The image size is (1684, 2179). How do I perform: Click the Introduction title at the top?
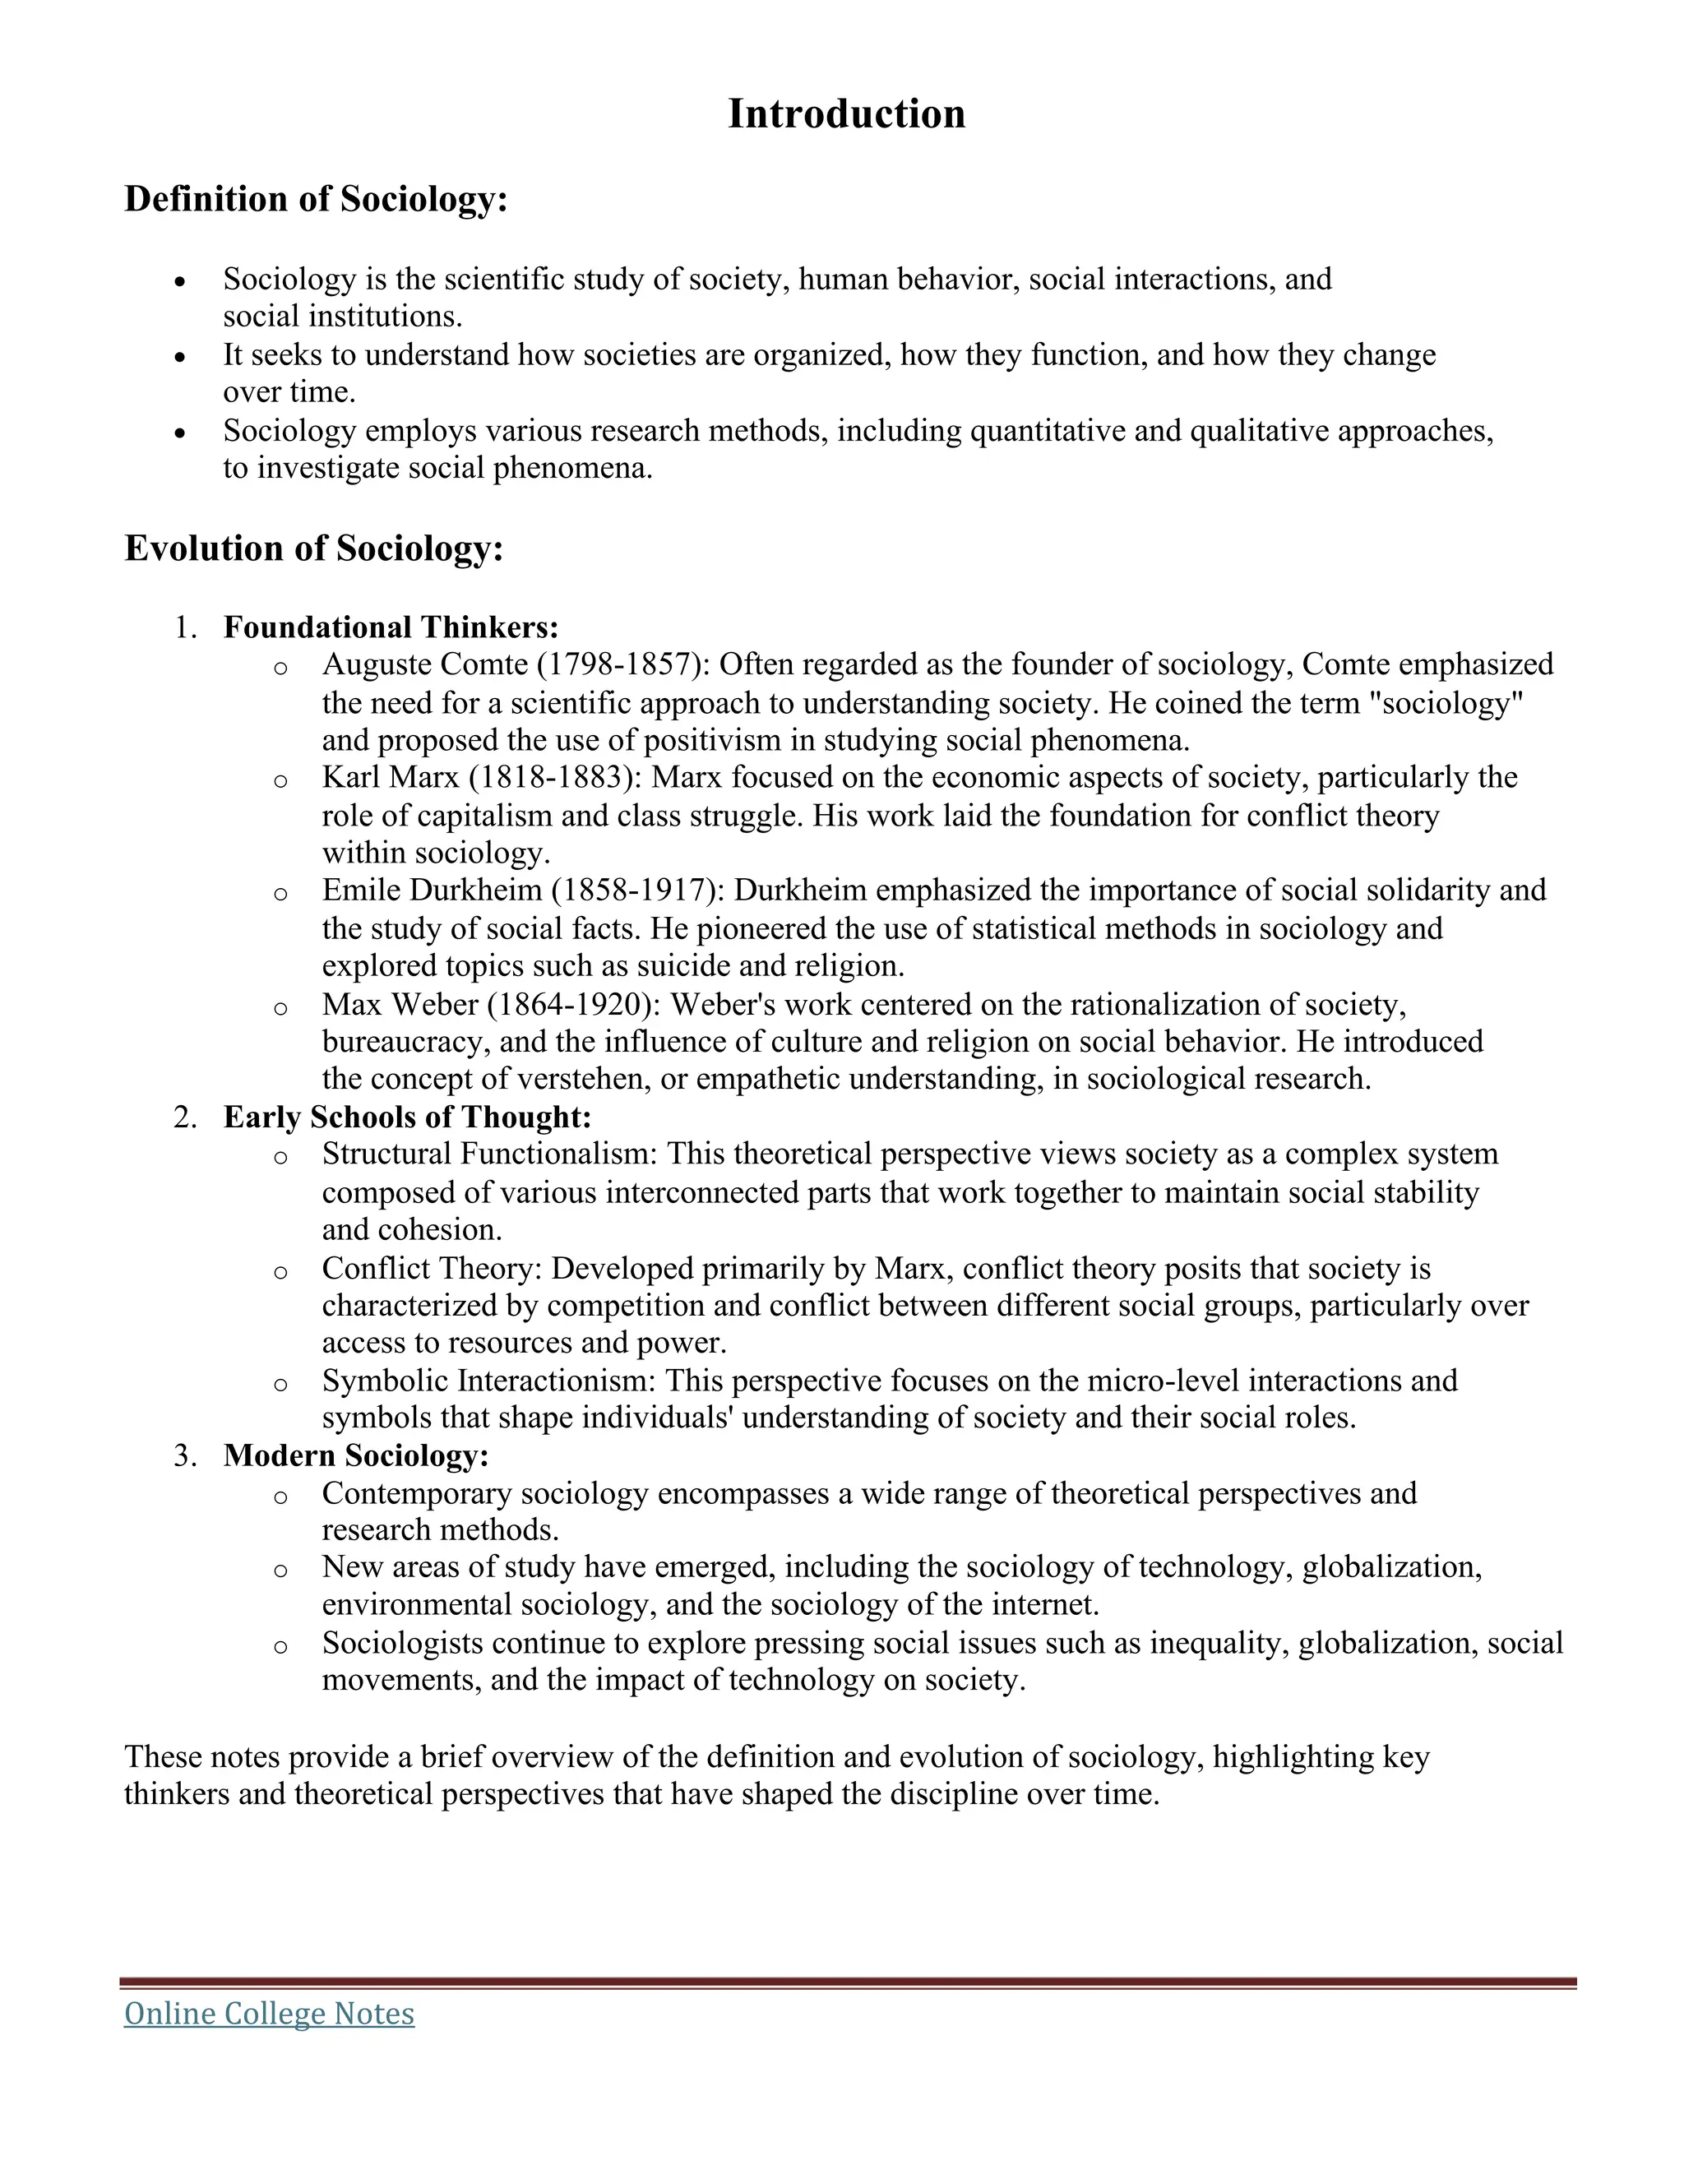point(846,113)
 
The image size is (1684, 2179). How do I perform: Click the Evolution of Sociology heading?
point(313,548)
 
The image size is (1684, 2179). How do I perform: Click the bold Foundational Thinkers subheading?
point(390,627)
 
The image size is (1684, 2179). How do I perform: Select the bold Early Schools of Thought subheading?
point(407,1117)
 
